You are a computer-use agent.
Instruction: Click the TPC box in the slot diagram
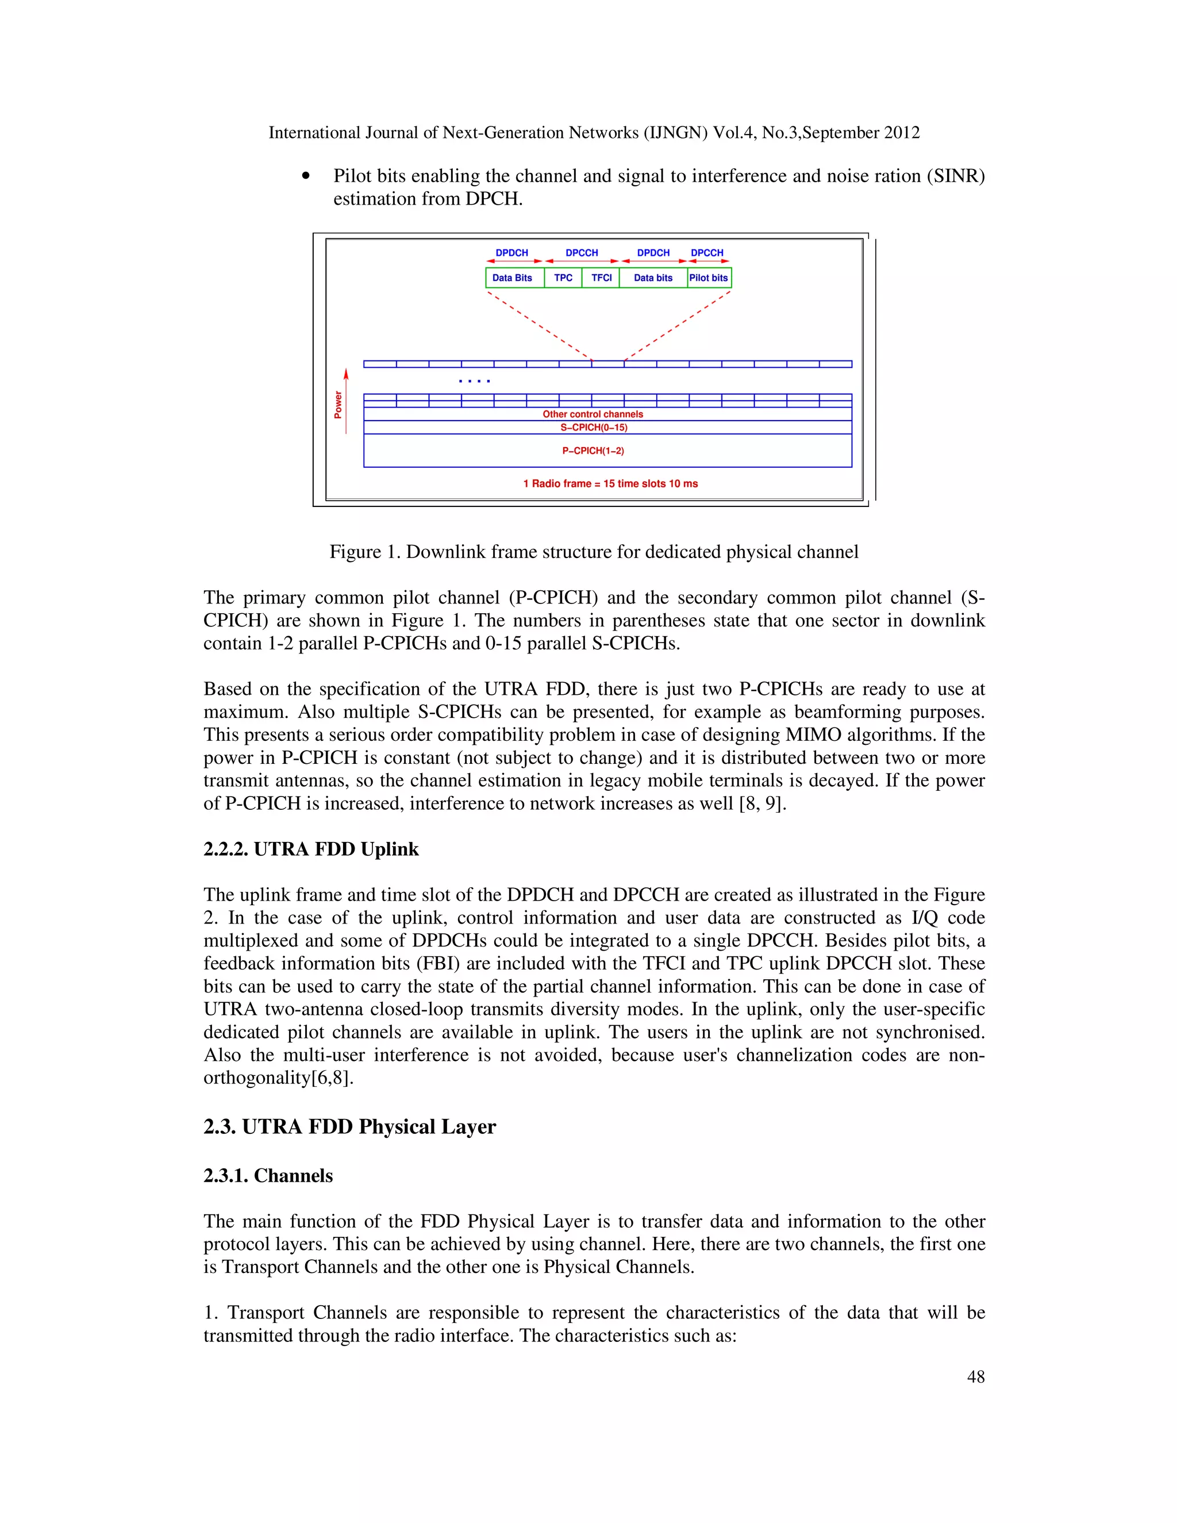point(563,278)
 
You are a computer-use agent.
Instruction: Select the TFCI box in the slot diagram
point(601,278)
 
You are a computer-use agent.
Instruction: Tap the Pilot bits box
point(709,278)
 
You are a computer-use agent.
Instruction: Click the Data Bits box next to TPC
point(513,278)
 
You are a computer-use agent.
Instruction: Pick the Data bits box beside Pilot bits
point(653,278)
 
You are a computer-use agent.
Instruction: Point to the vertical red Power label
point(338,405)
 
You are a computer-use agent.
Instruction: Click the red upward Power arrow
point(346,401)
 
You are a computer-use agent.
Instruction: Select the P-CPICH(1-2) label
point(593,451)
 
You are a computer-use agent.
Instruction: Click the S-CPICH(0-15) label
point(593,428)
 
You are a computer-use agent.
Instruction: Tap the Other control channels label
point(593,414)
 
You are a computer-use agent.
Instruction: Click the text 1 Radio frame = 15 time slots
point(610,483)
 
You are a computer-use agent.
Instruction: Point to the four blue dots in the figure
point(474,380)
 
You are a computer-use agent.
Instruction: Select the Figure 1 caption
point(593,552)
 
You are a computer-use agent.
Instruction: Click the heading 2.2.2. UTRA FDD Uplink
point(310,849)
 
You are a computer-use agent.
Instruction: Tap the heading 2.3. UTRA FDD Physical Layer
point(349,1126)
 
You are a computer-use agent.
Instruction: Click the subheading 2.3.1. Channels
point(268,1175)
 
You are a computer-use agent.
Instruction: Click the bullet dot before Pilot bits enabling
point(305,176)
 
